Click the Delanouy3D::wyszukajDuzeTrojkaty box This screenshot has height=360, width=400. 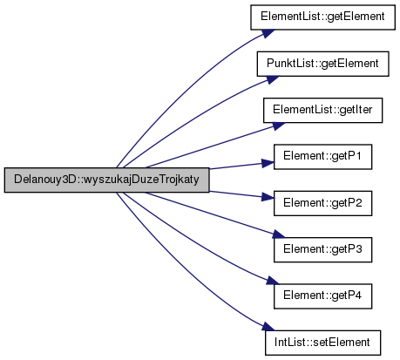(x=106, y=180)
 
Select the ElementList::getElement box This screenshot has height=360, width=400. (x=322, y=17)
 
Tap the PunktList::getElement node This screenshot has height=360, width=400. (x=322, y=64)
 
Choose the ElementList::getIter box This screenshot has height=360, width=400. (x=322, y=110)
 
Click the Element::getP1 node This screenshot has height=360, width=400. (x=322, y=157)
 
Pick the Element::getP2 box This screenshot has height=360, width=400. (x=322, y=203)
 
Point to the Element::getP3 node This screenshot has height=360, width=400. (x=322, y=249)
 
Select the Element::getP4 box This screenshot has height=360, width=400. (x=322, y=296)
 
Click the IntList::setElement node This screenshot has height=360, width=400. (x=322, y=343)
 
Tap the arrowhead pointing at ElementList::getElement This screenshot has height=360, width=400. (x=268, y=33)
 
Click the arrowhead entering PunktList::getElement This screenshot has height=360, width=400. (x=273, y=79)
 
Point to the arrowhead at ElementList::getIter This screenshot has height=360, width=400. (x=279, y=126)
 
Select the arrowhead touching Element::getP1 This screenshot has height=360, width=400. (x=268, y=163)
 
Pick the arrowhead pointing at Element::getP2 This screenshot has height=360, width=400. (x=268, y=197)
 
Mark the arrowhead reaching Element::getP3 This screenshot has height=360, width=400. (x=279, y=234)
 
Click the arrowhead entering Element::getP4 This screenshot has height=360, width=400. (x=273, y=281)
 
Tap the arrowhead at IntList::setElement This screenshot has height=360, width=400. (x=268, y=326)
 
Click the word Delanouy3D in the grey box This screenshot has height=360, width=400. (x=44, y=180)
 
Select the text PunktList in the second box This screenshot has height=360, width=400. (x=290, y=64)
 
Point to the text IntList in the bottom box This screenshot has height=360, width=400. (x=288, y=343)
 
